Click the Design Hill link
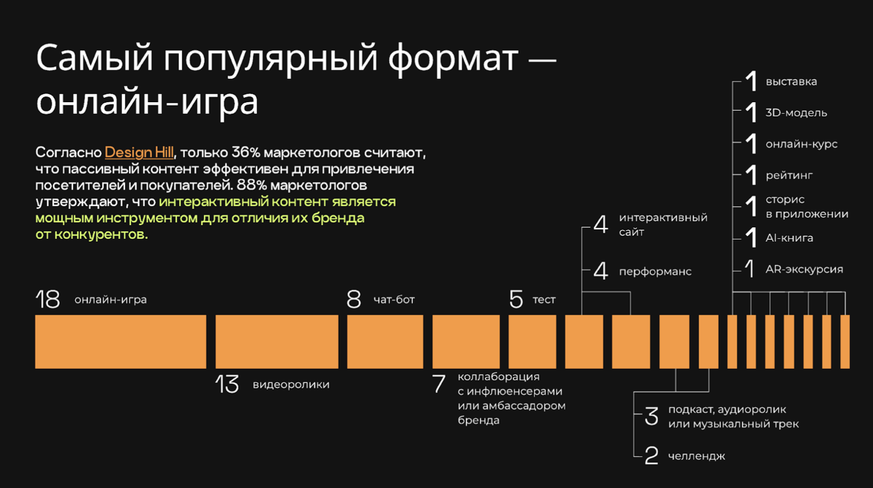pos(139,152)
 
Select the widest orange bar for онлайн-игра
pos(121,342)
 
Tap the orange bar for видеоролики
pos(277,342)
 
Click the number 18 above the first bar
pos(48,299)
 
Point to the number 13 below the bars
pos(227,384)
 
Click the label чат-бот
pos(394,299)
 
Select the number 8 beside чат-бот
pos(353,299)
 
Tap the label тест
pos(544,299)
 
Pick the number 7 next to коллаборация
pos(439,384)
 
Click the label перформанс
pos(655,271)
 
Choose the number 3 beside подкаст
pos(651,416)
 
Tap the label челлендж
pos(696,456)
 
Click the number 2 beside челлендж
pos(651,456)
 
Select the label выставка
pos(791,82)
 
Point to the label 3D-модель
pos(796,113)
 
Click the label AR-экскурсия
pos(804,269)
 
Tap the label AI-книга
pos(789,238)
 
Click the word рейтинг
pos(789,176)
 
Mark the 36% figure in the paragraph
pos(245,152)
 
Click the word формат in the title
pos(453,59)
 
